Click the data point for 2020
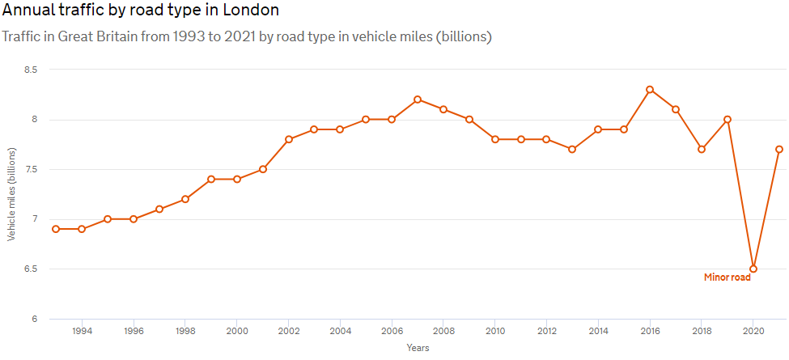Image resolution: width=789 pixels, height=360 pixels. tap(753, 269)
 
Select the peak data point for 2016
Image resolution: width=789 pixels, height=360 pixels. tap(650, 90)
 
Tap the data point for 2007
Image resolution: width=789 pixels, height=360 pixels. tap(418, 100)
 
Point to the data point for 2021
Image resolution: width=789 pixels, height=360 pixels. tap(779, 149)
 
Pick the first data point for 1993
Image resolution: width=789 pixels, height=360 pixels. tap(56, 229)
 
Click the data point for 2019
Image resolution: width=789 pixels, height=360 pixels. tap(727, 120)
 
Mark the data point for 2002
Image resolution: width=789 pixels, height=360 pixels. tap(288, 139)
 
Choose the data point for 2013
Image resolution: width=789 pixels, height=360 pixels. tap(572, 149)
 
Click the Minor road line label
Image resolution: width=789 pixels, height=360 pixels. tap(727, 277)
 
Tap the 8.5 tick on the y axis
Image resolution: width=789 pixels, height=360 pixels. tap(31, 70)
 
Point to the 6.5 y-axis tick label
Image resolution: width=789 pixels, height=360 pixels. tap(31, 269)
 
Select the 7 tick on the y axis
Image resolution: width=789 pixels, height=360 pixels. tap(34, 219)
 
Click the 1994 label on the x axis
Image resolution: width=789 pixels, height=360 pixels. tap(82, 331)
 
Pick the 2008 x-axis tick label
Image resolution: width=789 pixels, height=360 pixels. tap(443, 331)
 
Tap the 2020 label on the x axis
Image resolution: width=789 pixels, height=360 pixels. tap(753, 331)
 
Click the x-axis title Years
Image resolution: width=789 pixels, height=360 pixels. tap(418, 348)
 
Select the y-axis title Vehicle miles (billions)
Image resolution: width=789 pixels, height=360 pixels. tap(11, 194)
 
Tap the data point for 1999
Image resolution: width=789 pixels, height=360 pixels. tap(210, 179)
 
